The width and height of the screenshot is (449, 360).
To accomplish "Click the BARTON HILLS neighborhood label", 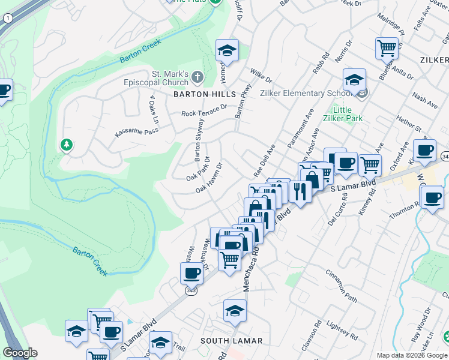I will point(205,94).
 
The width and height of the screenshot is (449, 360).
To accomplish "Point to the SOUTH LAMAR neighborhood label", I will point(231,341).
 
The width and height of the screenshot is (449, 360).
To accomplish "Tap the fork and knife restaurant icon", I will point(299,191).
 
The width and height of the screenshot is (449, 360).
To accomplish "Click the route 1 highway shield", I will point(7,19).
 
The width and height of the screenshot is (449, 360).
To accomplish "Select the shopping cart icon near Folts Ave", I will point(387,47).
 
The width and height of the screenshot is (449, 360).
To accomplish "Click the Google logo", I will point(20,353).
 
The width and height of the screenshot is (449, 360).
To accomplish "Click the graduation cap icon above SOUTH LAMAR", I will point(235,310).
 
